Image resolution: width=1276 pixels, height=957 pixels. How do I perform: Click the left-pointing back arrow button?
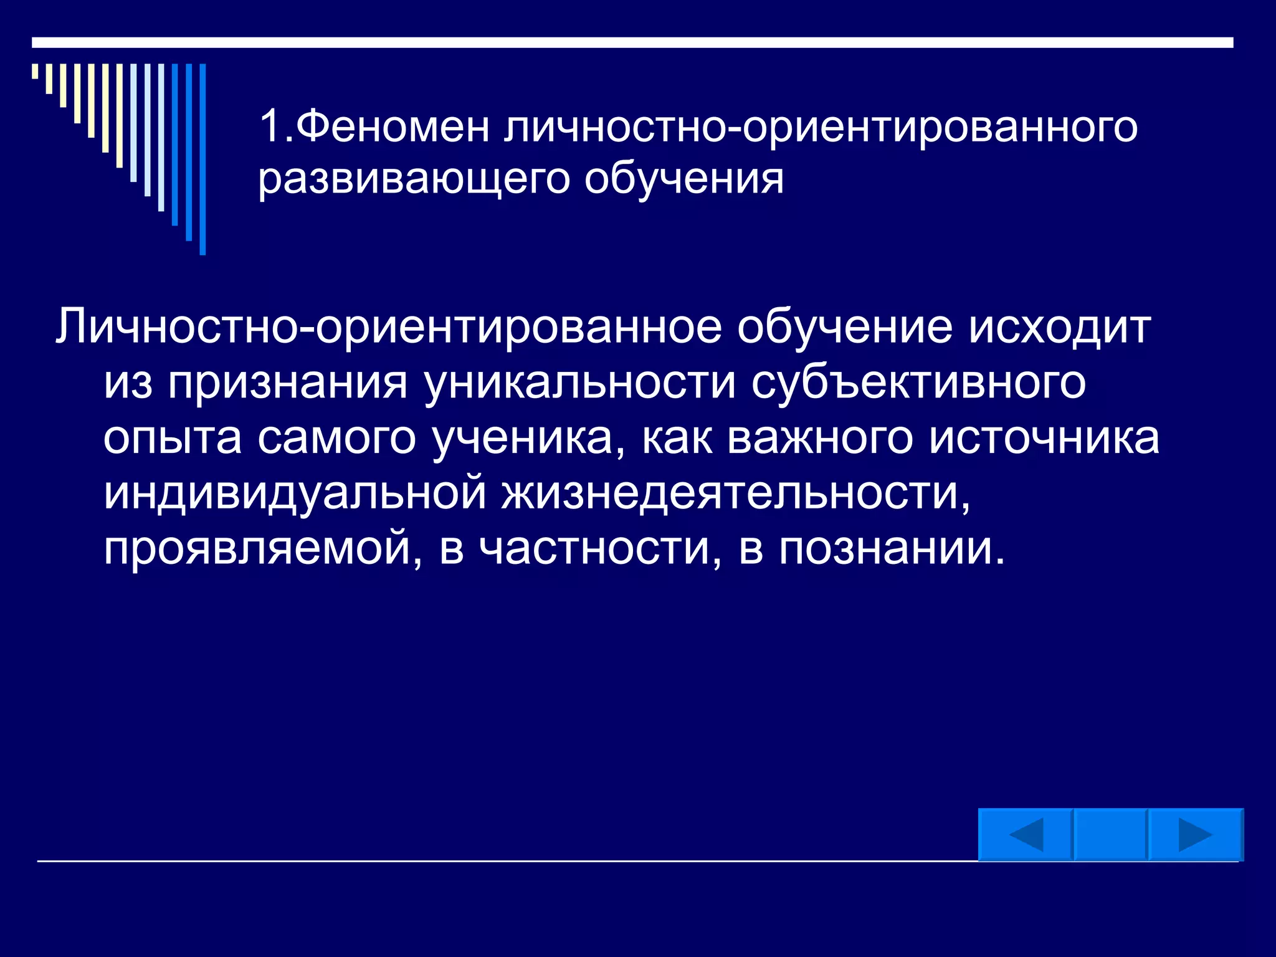click(1025, 835)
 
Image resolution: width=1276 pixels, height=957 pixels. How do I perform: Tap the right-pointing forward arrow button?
click(1195, 835)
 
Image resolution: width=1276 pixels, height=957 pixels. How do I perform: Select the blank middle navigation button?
click(1110, 835)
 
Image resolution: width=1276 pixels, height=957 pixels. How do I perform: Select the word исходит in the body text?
click(1059, 328)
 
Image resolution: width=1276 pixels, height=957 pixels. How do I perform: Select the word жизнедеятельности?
click(735, 493)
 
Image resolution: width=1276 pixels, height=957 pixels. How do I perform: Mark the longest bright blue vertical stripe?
click(202, 159)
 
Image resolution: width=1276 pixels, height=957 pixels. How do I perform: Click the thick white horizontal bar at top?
click(632, 42)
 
